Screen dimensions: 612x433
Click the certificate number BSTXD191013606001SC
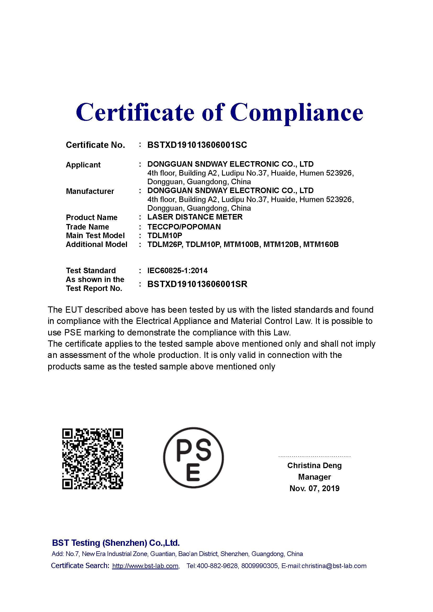[x=197, y=145]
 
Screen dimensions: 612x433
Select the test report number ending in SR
[x=197, y=284]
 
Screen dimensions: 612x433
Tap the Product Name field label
[x=91, y=217]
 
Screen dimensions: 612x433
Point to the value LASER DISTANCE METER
[x=195, y=217]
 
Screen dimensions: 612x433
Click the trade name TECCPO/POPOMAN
[x=184, y=227]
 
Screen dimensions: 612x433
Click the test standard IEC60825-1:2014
[x=177, y=271]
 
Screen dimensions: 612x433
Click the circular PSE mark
[x=193, y=458]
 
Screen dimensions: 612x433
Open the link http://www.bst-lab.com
[x=145, y=566]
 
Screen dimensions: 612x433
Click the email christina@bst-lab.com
[x=334, y=566]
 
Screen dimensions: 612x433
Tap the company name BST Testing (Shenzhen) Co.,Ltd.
[x=116, y=543]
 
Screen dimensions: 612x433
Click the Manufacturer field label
[x=90, y=191]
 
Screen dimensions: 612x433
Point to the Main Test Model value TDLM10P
[x=165, y=236]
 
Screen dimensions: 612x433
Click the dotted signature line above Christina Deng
[x=314, y=457]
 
